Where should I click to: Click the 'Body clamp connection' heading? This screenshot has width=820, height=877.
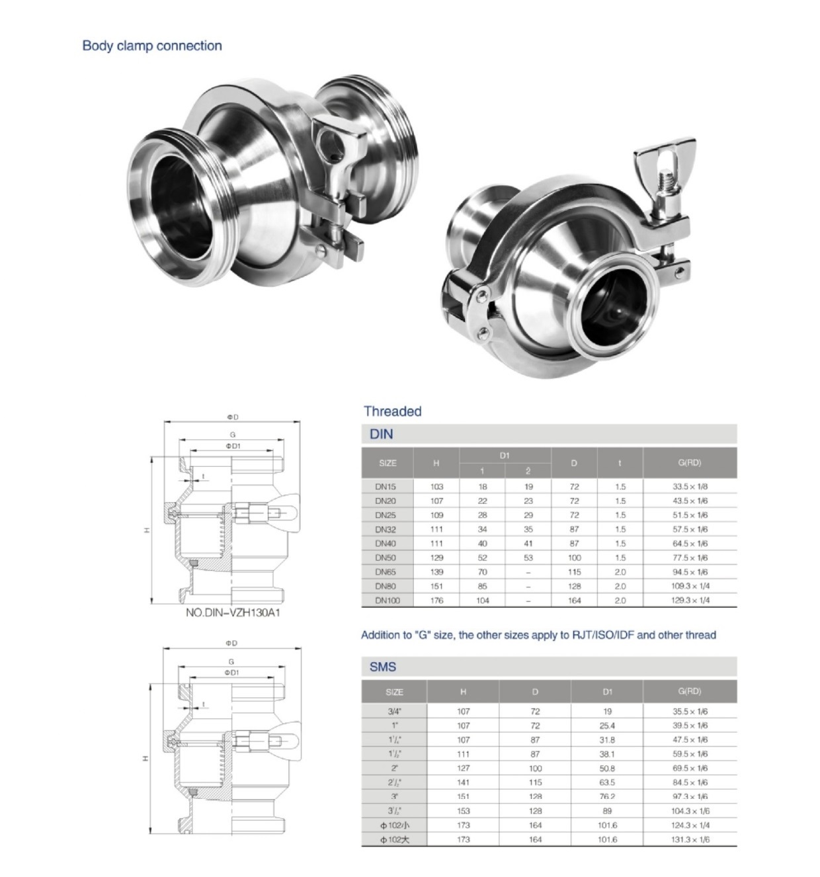[x=151, y=46]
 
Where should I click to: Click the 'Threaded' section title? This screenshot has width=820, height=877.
[x=392, y=411]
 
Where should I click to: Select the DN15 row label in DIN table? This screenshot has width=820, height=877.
[x=386, y=487]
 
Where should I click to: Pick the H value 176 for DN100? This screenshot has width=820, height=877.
[x=436, y=601]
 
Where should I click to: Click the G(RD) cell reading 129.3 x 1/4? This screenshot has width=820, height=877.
[x=690, y=601]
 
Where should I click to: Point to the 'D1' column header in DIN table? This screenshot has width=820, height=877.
[x=505, y=455]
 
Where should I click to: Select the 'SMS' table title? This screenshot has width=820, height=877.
[x=382, y=667]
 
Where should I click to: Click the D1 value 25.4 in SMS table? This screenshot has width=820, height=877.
[x=607, y=726]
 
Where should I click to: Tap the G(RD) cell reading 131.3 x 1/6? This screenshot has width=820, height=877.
[x=690, y=839]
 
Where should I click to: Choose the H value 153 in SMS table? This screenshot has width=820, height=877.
[x=463, y=811]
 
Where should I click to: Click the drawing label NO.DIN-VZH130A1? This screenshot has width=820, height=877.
[x=233, y=613]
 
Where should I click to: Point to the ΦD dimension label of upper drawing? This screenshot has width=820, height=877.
[x=232, y=417]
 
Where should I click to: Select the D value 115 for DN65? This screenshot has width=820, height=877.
[x=574, y=572]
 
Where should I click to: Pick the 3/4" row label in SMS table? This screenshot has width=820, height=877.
[x=394, y=712]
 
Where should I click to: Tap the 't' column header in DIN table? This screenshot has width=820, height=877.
[x=620, y=463]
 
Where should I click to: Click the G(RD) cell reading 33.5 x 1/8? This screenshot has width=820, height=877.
[x=690, y=487]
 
